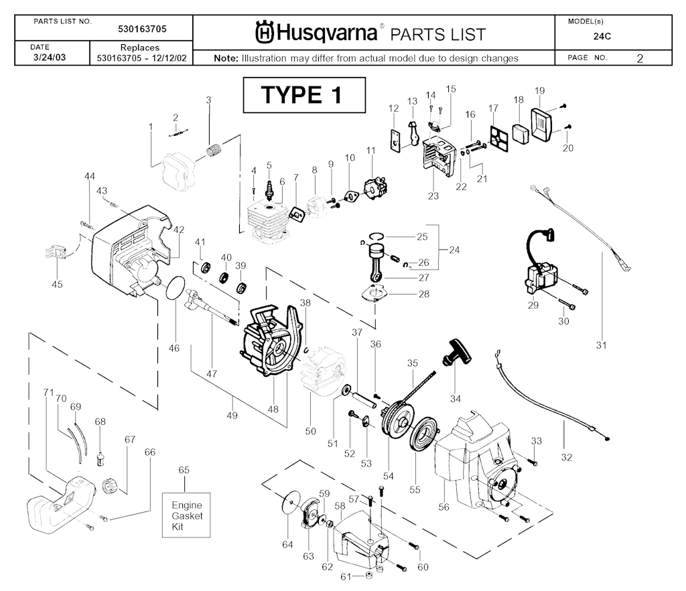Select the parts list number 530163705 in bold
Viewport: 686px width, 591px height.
142,29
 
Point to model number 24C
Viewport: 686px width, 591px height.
602,37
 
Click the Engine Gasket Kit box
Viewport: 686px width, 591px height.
187,516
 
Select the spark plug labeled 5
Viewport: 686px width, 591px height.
269,188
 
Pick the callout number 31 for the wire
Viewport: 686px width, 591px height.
600,345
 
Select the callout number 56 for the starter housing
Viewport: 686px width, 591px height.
443,507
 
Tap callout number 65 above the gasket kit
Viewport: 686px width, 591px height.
184,471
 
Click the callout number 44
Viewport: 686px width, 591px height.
89,175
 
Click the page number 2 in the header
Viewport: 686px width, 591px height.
640,58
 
